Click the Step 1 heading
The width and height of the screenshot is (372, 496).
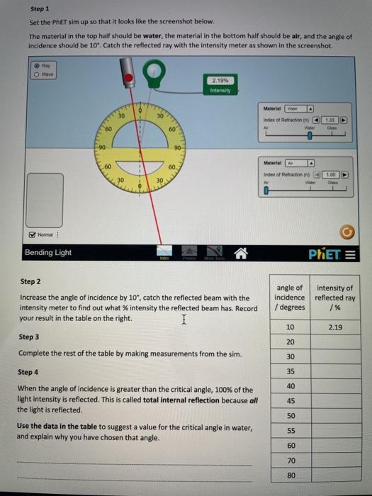[40, 9]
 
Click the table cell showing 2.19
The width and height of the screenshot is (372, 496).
[335, 327]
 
